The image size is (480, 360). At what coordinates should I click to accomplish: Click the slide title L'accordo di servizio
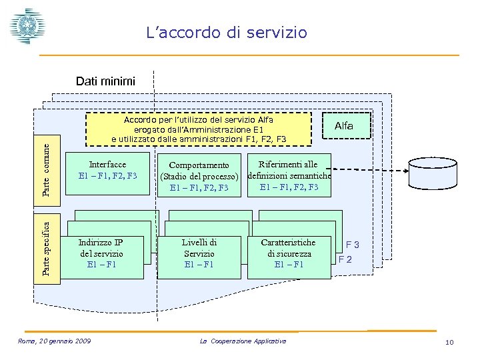pyautogui.click(x=227, y=32)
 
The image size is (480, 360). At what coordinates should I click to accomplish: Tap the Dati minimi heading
pyautogui.click(x=105, y=81)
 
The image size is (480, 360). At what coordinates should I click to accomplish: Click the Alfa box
pyautogui.click(x=344, y=125)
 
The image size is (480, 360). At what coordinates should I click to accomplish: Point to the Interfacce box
pyautogui.click(x=107, y=170)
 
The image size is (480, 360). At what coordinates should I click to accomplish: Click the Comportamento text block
pyautogui.click(x=199, y=176)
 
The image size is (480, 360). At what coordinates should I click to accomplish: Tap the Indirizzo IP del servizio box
pyautogui.click(x=101, y=253)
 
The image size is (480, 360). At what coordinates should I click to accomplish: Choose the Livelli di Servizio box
pyautogui.click(x=199, y=253)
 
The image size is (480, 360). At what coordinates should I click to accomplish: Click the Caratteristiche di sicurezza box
pyautogui.click(x=289, y=253)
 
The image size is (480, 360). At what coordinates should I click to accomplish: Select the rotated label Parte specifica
pyautogui.click(x=46, y=244)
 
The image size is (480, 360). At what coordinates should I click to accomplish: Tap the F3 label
pyautogui.click(x=353, y=245)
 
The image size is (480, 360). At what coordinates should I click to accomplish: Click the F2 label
pyautogui.click(x=345, y=259)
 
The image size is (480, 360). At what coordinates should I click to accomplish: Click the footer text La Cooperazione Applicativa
pyautogui.click(x=243, y=341)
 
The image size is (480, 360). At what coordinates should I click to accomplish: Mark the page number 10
pyautogui.click(x=449, y=343)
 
